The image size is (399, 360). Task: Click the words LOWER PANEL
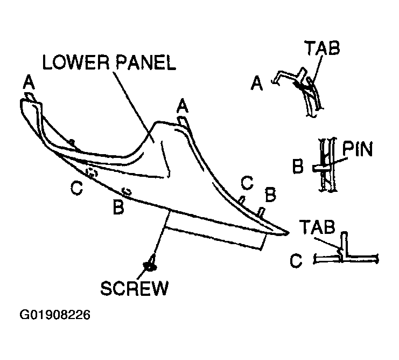coord(109,63)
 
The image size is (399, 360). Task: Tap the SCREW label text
coord(135,288)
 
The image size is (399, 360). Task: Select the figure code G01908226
coord(55,315)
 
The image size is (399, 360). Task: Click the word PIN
coord(357,149)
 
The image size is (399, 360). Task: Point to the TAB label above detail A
coord(323,48)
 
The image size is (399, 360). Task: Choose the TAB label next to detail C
coord(317,227)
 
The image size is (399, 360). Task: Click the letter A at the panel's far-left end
coord(29,82)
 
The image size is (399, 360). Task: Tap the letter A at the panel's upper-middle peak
coord(183,106)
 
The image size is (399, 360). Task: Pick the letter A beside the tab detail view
coord(256,84)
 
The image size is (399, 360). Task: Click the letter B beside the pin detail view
coord(298,166)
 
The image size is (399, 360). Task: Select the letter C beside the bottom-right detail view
coord(296,261)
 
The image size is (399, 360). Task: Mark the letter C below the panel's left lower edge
coord(76,188)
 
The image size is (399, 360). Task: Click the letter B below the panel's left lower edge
coord(118,207)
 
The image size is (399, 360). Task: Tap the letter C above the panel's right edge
coord(247,183)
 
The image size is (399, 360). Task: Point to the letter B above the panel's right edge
coord(270,194)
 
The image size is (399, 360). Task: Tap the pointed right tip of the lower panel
coord(288,232)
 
